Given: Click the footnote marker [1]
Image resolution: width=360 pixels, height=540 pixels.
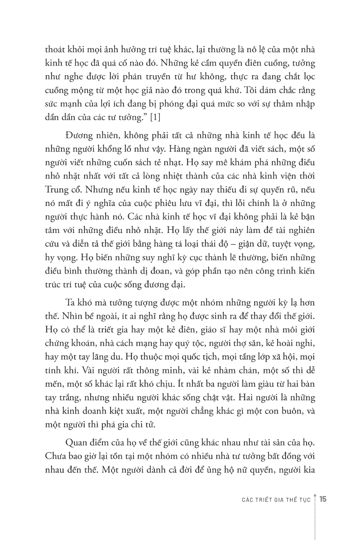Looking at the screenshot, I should [x=154, y=117].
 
